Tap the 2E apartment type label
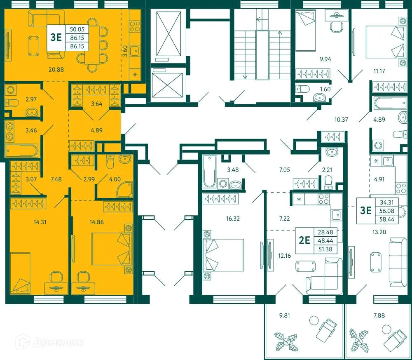point(304,240)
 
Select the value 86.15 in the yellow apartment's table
point(77,38)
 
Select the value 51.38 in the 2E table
point(325,249)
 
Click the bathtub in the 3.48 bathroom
point(207,170)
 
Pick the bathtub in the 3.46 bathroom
point(22,151)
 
